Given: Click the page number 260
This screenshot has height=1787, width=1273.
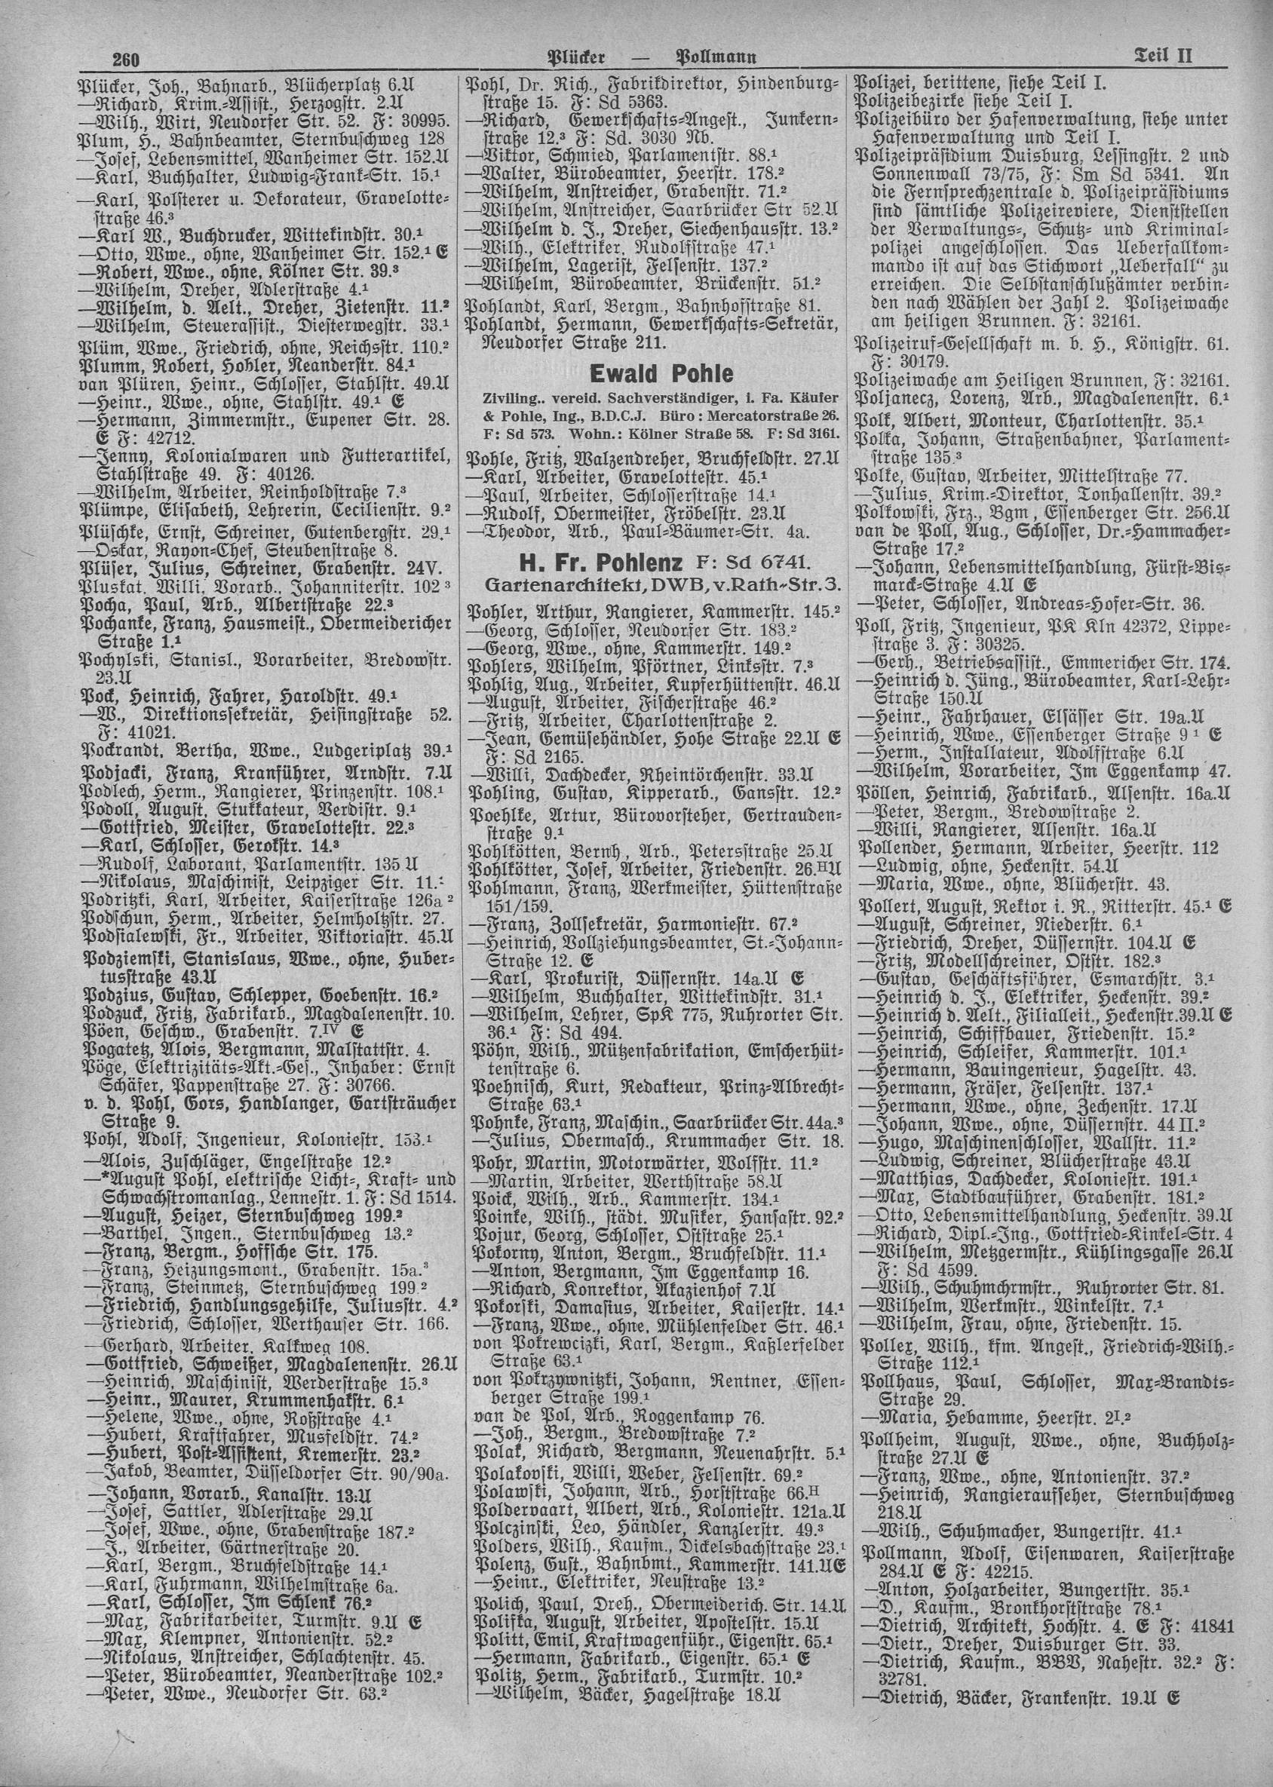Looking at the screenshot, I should coord(126,59).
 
